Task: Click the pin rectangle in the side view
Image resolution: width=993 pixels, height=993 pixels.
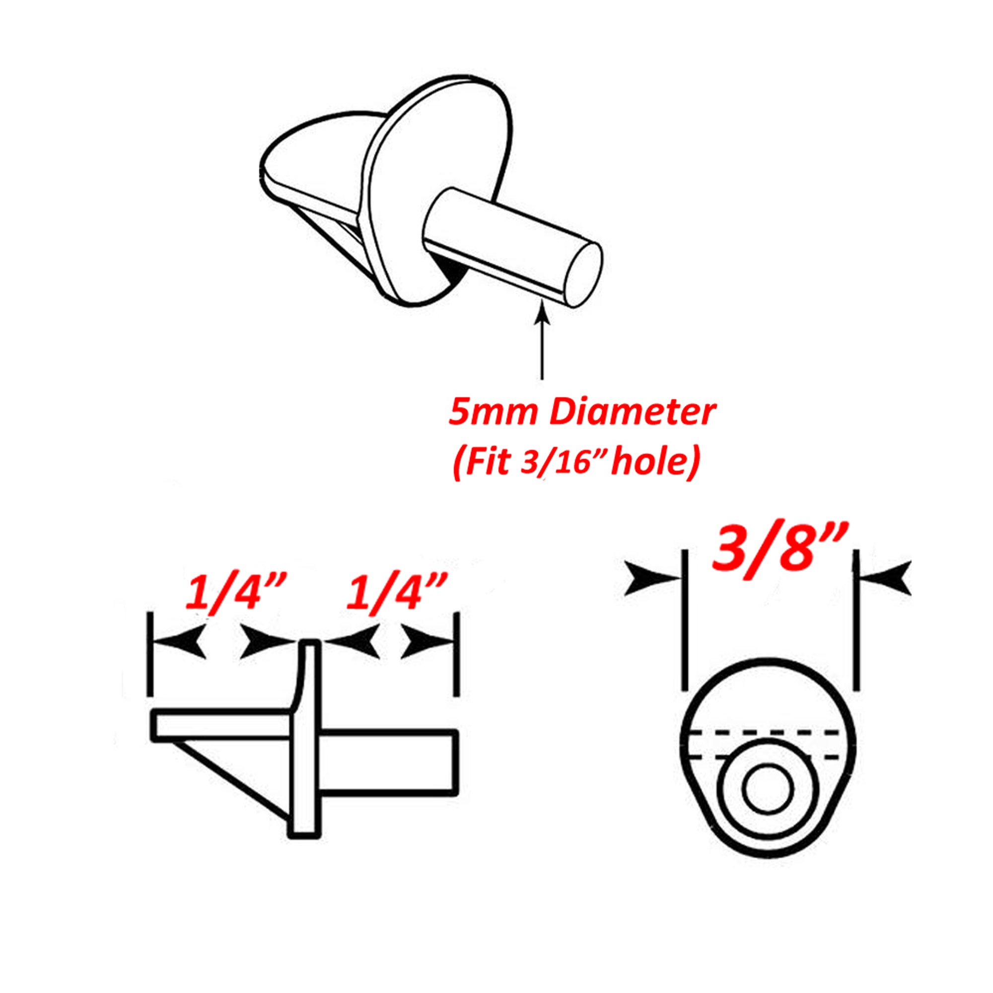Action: [388, 761]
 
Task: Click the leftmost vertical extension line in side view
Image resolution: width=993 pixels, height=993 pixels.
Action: [150, 653]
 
